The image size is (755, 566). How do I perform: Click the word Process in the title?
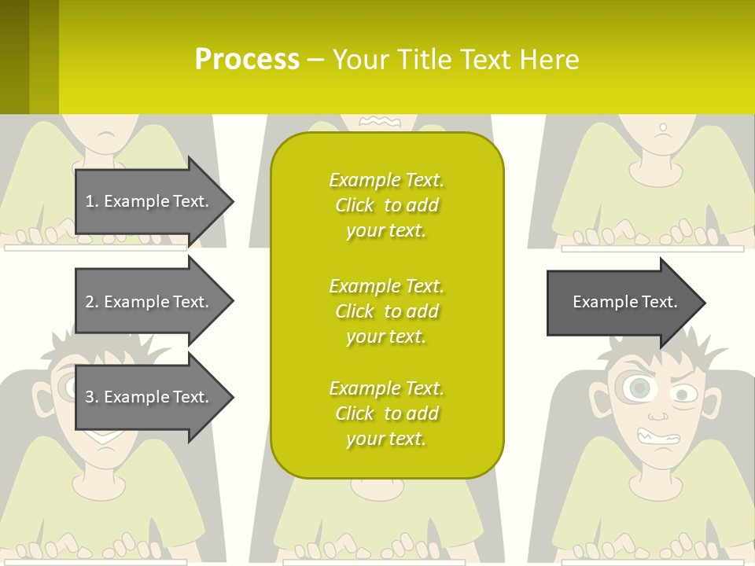click(247, 60)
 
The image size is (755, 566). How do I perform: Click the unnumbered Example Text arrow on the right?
click(625, 302)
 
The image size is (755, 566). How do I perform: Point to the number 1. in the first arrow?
click(92, 201)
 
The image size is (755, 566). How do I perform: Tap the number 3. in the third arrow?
click(92, 397)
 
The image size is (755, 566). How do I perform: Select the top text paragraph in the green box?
click(386, 205)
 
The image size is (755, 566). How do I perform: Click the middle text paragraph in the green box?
click(386, 311)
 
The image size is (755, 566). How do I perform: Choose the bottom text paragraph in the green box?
click(386, 413)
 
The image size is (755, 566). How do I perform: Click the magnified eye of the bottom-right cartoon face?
click(639, 388)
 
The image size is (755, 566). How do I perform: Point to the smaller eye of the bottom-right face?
click(682, 393)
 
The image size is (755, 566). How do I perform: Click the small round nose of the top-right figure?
click(663, 127)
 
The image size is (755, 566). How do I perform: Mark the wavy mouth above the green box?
click(381, 121)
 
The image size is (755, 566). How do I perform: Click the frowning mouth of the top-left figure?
click(106, 134)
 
